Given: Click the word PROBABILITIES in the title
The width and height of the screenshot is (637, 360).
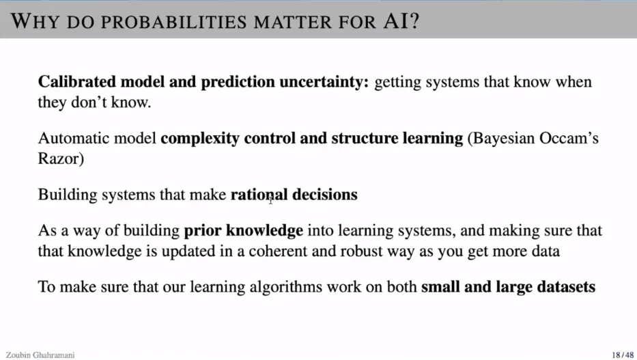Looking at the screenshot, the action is coord(173,22).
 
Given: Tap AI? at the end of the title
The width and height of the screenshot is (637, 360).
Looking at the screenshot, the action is coord(401,21).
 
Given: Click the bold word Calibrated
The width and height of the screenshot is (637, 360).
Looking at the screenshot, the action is coord(76,82).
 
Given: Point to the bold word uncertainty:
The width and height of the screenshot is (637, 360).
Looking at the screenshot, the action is coord(324,83).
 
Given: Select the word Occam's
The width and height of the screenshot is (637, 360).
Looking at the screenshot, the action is coord(569,138).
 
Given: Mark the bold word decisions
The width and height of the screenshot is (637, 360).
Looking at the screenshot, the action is coord(325,195).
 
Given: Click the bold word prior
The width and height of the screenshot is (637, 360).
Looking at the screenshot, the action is coord(203,231).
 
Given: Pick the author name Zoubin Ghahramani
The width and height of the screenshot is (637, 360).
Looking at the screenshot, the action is coord(40,355).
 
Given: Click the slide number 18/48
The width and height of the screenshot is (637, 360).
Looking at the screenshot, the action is coord(623,355).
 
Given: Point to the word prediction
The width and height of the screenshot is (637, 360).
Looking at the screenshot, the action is coord(238,83).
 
